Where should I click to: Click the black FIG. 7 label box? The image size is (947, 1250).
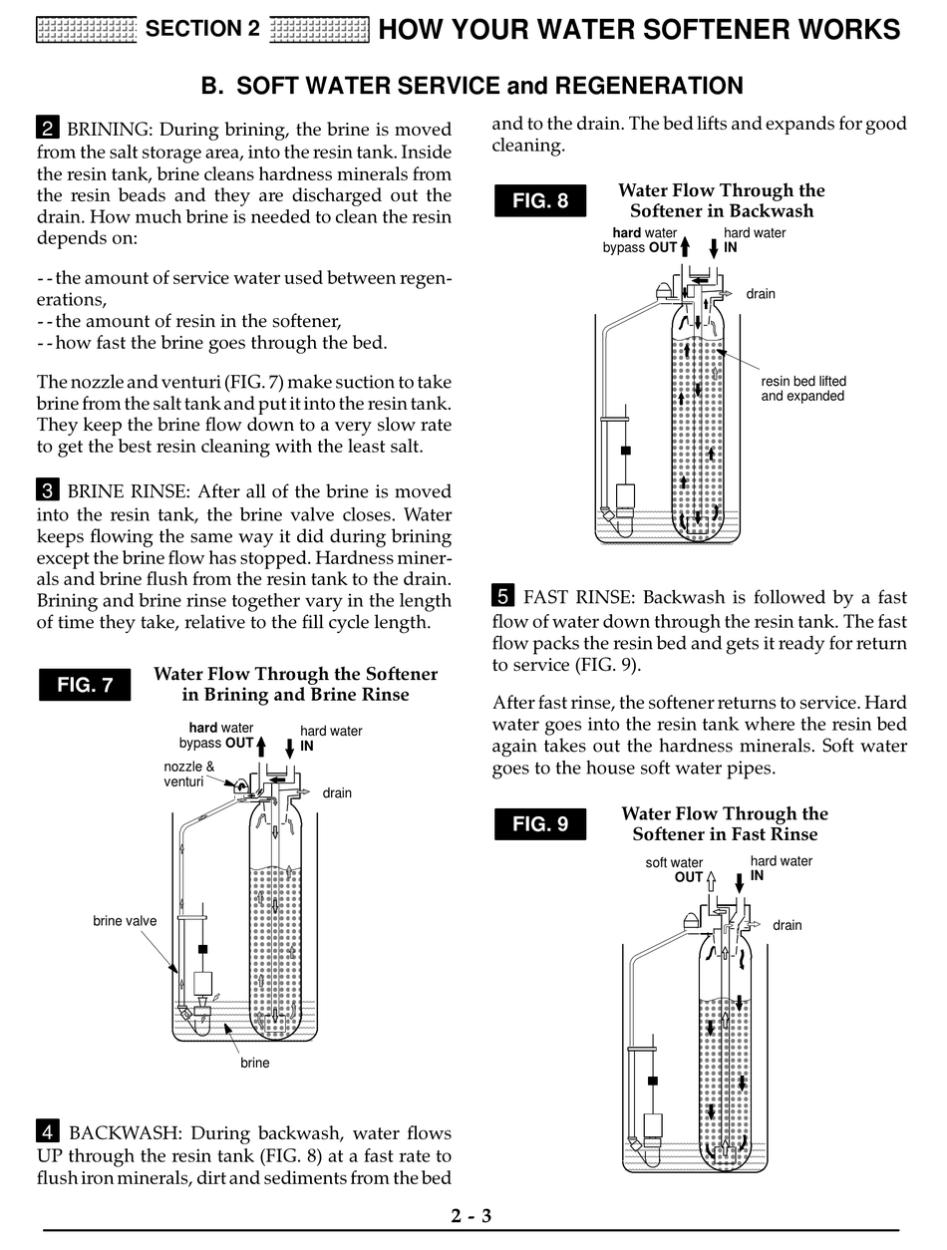click(85, 685)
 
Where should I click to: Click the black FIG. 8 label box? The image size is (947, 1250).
click(540, 200)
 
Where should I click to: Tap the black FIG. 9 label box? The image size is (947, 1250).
click(540, 824)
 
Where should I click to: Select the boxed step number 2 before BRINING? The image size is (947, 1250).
click(47, 129)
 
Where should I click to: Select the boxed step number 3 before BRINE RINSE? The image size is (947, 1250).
click(47, 490)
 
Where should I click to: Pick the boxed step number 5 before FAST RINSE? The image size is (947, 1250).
click(502, 597)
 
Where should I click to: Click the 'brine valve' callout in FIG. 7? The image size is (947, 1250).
click(125, 921)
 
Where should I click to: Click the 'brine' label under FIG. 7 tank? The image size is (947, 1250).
click(255, 1063)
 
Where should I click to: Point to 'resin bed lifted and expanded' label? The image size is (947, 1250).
click(802, 389)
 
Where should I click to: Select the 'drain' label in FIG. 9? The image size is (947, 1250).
click(787, 925)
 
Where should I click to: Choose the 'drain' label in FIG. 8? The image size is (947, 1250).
click(760, 294)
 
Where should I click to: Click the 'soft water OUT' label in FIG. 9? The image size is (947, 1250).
click(676, 870)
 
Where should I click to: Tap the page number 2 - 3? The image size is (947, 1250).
click(472, 1215)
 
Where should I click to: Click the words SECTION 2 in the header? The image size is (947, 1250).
click(202, 29)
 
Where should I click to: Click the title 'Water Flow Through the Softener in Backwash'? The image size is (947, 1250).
click(722, 200)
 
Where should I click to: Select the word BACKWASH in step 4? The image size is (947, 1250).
click(124, 1133)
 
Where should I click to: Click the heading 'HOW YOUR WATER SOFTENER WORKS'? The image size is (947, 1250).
click(639, 29)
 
